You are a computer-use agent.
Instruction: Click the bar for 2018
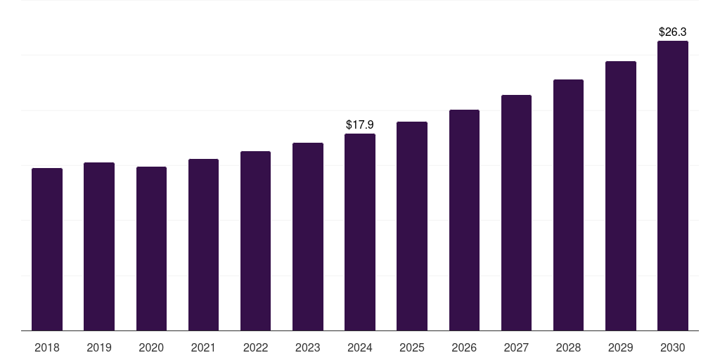47,250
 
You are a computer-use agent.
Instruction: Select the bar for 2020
151,249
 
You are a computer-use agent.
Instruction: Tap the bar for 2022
255,241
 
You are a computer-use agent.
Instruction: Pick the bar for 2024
360,232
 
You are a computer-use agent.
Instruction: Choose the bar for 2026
464,220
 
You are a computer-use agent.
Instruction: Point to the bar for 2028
568,205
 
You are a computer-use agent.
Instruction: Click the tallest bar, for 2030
673,186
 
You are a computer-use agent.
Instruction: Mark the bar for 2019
99,247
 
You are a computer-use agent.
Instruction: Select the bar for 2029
621,196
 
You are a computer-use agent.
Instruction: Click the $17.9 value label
360,124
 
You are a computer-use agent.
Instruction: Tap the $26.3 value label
673,32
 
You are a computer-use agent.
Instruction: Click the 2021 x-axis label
203,347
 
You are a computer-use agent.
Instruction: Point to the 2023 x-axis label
308,347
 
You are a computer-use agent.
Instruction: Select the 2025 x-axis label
412,347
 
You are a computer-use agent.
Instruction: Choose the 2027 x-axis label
516,347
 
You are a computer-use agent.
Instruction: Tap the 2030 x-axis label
673,347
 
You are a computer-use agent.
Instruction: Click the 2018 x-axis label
47,347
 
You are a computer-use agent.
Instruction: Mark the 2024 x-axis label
360,347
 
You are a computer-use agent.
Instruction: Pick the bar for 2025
412,226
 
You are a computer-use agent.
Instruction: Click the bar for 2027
516,213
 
